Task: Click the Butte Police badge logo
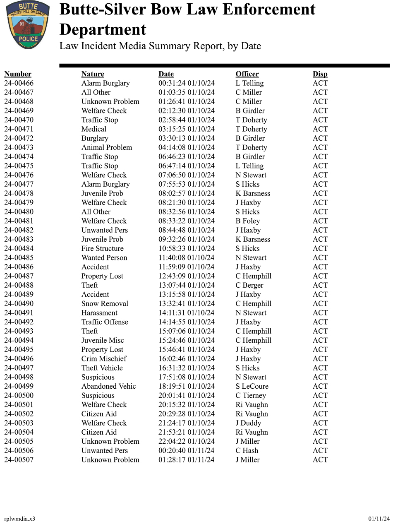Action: [x=28, y=25]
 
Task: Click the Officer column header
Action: [x=247, y=74]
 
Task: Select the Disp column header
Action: [x=320, y=74]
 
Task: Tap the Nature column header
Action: [x=93, y=74]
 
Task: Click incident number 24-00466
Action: [x=19, y=83]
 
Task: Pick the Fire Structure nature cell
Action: [x=102, y=248]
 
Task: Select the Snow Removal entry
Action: [x=105, y=303]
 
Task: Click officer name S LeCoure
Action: [x=252, y=386]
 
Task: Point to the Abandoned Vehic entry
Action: [x=108, y=386]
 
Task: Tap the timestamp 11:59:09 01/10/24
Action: [x=187, y=267]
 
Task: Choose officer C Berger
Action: [x=249, y=285]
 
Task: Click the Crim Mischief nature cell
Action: [x=104, y=359]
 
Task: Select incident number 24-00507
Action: [x=19, y=460]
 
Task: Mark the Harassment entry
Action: [x=99, y=313]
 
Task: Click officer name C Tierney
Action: [x=251, y=395]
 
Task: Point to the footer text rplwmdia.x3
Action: [x=19, y=519]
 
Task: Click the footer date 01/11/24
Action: [x=379, y=519]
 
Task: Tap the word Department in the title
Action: [x=103, y=30]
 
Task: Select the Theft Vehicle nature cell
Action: [x=102, y=368]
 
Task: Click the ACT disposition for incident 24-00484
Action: [x=320, y=248]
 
